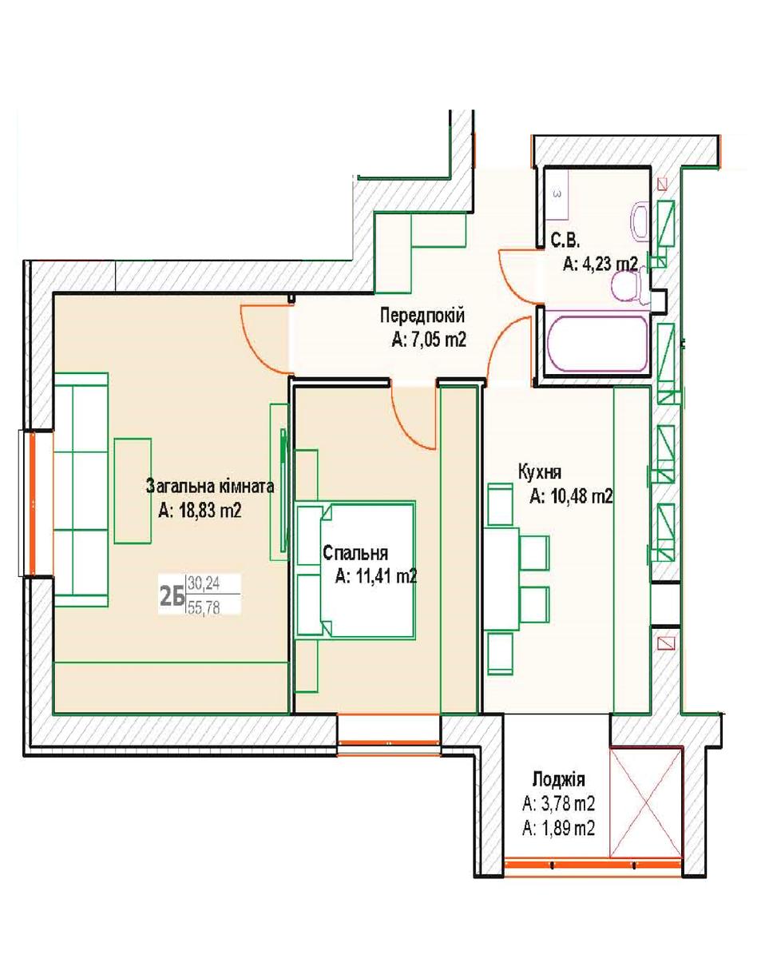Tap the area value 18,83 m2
(200, 511)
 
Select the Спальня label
(355, 553)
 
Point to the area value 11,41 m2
(376, 576)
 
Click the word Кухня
(539, 473)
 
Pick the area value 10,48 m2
(571, 496)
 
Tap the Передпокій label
(422, 316)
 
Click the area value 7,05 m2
(429, 340)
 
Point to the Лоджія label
(559, 779)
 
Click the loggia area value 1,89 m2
(559, 828)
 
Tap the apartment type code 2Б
(172, 597)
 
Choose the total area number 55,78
(204, 608)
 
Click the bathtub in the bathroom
(597, 343)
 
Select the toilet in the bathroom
(628, 285)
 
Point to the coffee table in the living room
(133, 491)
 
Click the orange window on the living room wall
(33, 503)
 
